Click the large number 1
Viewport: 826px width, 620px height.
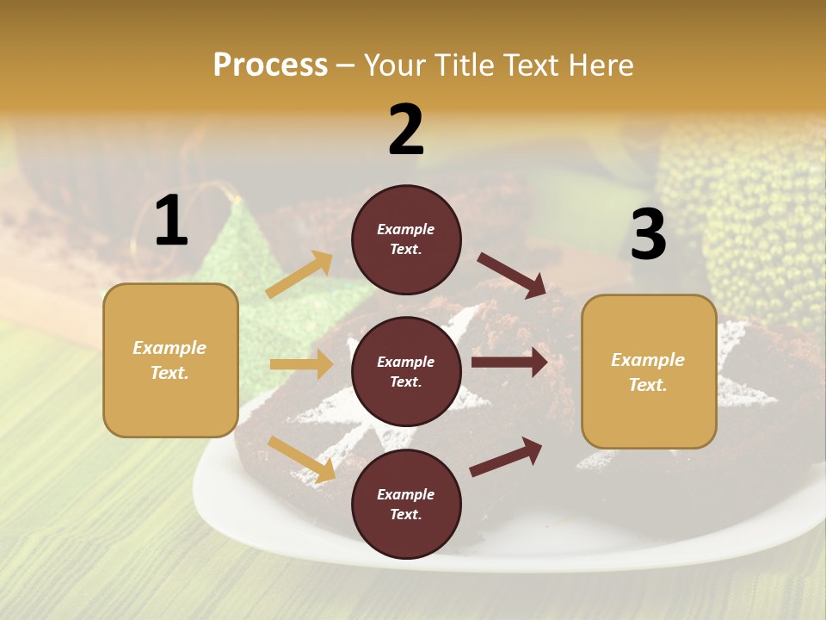pos(171,221)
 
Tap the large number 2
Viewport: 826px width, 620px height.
pos(406,130)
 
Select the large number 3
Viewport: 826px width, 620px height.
pos(648,234)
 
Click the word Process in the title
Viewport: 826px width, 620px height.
pos(270,65)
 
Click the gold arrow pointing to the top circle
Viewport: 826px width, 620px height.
pos(299,275)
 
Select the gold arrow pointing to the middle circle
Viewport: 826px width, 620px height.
pos(302,364)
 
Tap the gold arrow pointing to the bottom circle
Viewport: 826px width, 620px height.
pos(302,458)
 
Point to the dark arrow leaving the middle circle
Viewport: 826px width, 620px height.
pos(509,363)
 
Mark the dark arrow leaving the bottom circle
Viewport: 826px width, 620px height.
pos(506,456)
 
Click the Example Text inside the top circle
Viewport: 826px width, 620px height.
pos(406,239)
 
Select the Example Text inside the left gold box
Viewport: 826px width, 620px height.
pos(170,360)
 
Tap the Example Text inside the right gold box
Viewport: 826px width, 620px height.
pos(649,372)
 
